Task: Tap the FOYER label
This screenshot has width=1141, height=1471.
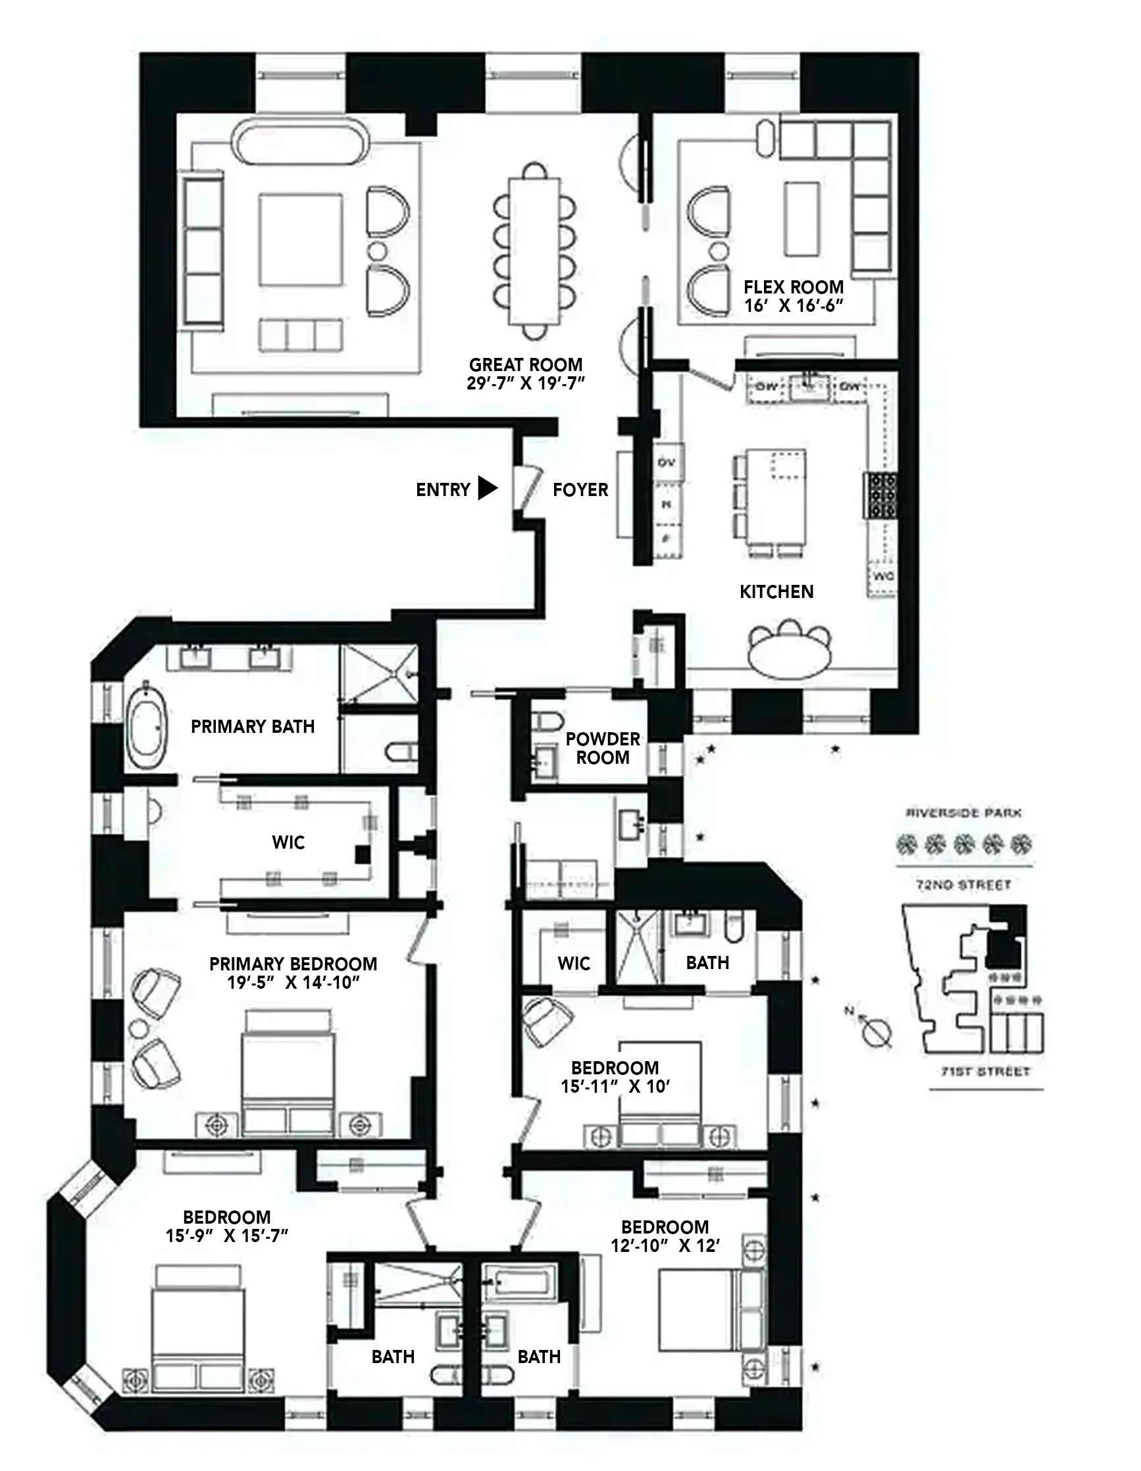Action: [580, 489]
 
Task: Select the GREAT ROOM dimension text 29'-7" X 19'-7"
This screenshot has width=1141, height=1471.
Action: [525, 384]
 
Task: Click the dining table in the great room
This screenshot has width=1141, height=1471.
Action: [535, 249]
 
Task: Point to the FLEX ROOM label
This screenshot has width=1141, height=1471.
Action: [794, 287]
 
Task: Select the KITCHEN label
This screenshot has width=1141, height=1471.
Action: [776, 591]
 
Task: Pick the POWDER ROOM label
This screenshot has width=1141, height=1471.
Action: [602, 747]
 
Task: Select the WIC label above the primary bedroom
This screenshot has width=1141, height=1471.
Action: [288, 842]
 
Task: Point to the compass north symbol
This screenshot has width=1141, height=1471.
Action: [878, 1031]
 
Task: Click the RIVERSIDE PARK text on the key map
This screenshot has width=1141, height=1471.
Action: [963, 813]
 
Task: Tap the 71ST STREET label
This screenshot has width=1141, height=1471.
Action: [986, 1072]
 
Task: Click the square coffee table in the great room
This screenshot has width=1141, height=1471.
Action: [300, 241]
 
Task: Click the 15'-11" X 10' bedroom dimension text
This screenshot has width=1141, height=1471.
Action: [615, 1086]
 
